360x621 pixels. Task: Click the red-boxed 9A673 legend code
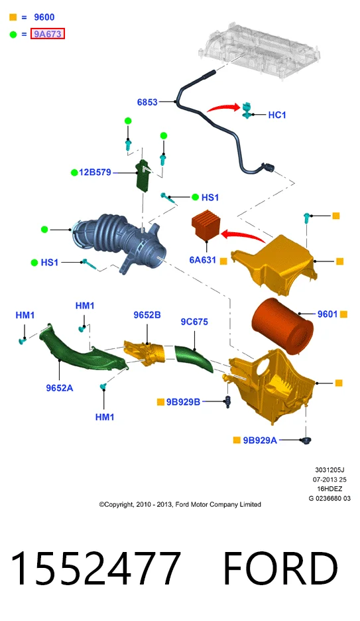(48, 34)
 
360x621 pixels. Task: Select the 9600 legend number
(44, 17)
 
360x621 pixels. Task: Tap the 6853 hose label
(147, 102)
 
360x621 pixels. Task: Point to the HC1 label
(277, 115)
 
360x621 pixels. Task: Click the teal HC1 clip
(247, 109)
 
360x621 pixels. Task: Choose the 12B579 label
(95, 172)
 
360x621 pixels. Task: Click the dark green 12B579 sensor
(142, 174)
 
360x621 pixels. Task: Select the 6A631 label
(203, 260)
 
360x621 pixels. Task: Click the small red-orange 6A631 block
(206, 227)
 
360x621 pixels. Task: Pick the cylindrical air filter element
(282, 326)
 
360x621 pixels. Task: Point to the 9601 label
(327, 314)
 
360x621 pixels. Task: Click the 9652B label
(147, 315)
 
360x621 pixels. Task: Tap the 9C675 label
(194, 322)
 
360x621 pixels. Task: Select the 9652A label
(60, 387)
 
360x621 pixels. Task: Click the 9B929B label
(183, 402)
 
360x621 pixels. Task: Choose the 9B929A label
(260, 440)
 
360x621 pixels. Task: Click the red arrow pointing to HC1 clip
(224, 107)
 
